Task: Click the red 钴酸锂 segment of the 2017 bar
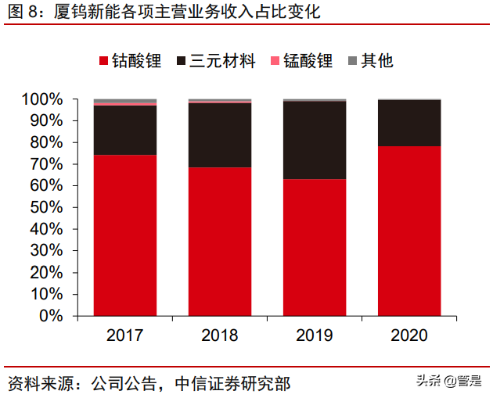click(125, 235)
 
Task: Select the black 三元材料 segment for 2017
click(125, 130)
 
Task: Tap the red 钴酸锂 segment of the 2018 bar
click(220, 241)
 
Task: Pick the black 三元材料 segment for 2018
click(220, 135)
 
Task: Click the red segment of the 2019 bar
click(315, 247)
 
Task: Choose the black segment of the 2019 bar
click(315, 141)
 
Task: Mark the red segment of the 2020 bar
click(409, 231)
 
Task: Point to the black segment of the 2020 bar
click(409, 124)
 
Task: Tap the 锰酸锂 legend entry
click(301, 61)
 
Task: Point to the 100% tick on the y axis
click(41, 99)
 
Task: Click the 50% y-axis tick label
click(45, 207)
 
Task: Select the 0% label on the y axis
click(49, 316)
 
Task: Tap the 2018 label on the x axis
click(220, 335)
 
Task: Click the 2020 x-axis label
click(409, 335)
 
